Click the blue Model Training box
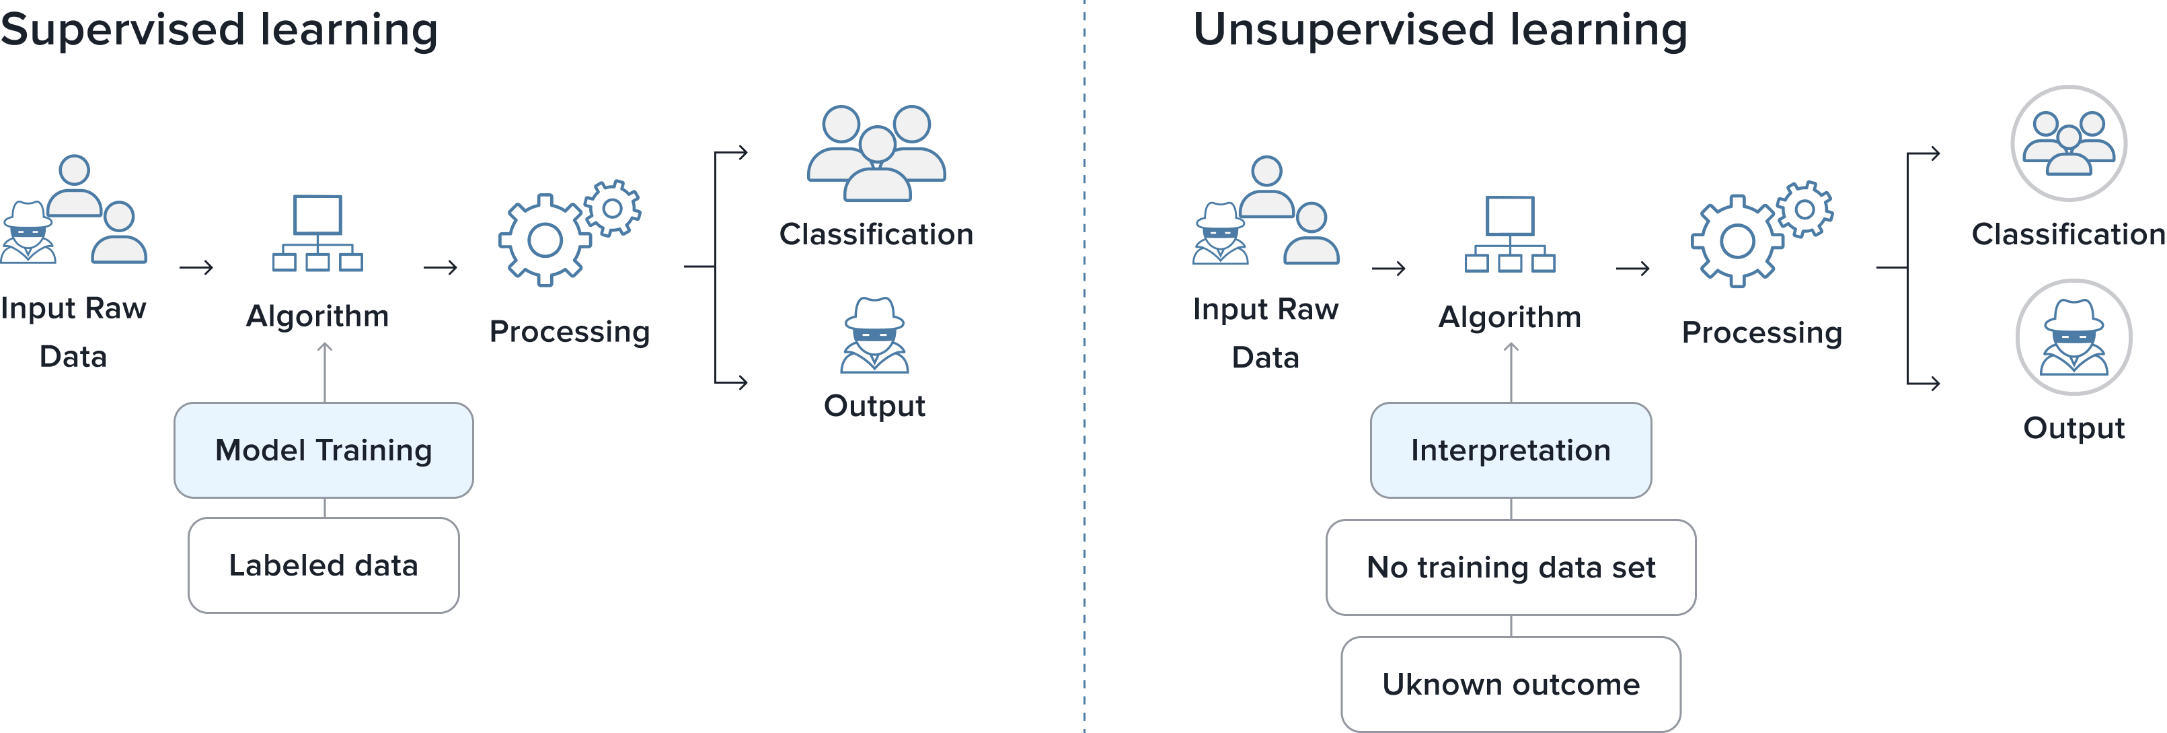point(324,450)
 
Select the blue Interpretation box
point(1511,450)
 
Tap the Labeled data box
point(324,565)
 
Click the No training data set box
point(1511,567)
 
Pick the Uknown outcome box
point(1511,684)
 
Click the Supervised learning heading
point(219,30)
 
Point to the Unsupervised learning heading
point(1440,30)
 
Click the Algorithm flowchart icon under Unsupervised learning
point(1510,235)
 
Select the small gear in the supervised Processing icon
point(613,208)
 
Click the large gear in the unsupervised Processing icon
point(1737,242)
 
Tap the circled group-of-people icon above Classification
point(2069,143)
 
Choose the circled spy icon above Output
point(2074,337)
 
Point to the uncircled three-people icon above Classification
point(876,153)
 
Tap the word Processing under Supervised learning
point(570,332)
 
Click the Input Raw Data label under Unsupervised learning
point(1265,333)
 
